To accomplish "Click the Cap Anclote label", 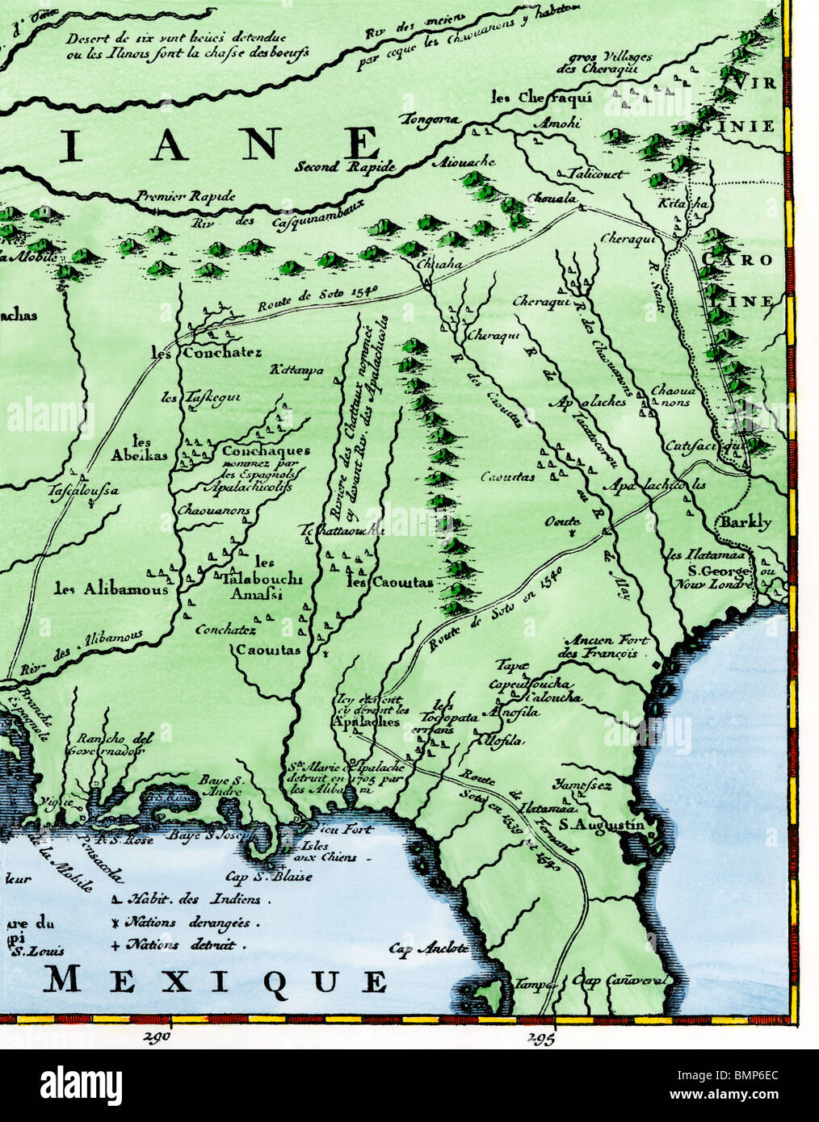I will pos(428,949).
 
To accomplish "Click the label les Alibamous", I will pos(111,588).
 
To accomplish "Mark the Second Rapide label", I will pos(345,167).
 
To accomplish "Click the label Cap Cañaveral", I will pos(620,981).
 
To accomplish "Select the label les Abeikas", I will pos(140,448).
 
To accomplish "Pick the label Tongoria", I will pos(427,119).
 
